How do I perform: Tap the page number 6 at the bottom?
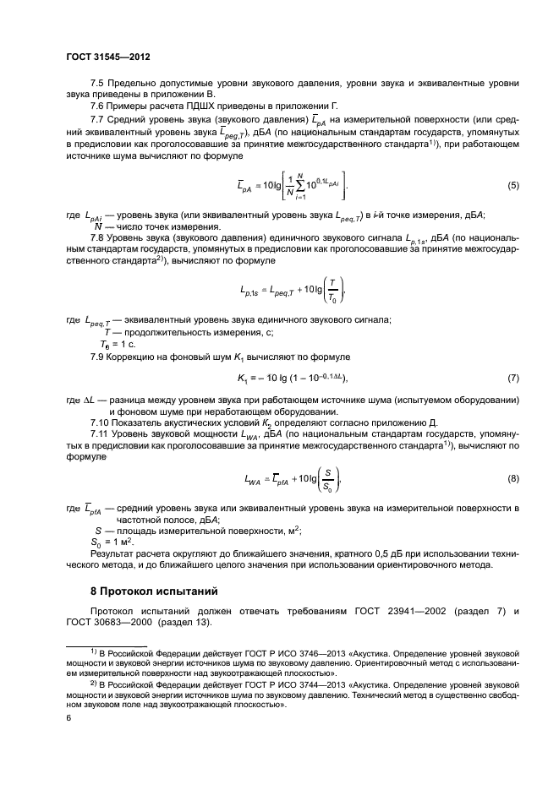point(69,717)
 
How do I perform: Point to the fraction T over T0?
point(332,291)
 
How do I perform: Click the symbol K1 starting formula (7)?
point(242,377)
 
